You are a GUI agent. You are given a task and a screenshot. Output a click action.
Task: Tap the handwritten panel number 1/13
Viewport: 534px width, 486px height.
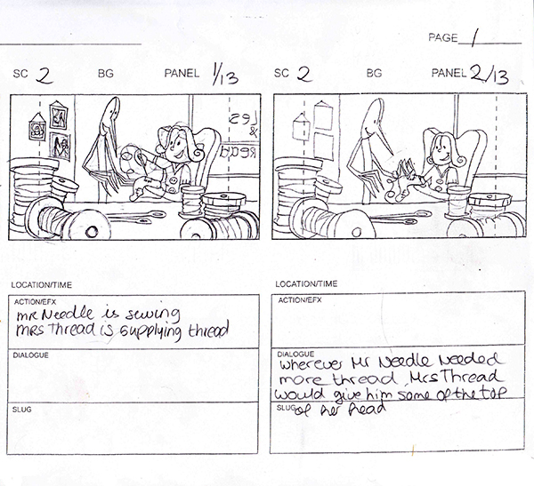(x=221, y=76)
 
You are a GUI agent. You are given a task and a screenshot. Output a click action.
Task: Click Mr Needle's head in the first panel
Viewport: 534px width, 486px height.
(x=110, y=113)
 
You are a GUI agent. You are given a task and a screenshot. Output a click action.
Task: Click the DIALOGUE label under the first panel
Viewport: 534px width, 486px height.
(x=30, y=355)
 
